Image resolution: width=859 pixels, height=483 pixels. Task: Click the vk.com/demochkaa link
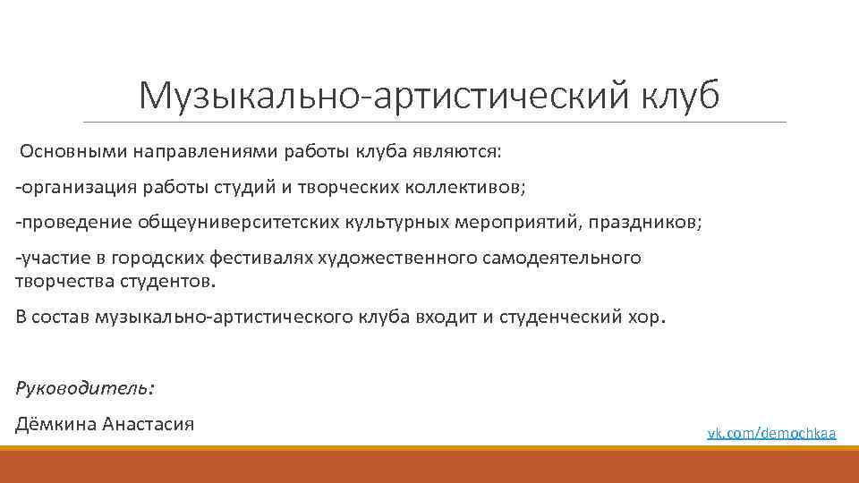771,433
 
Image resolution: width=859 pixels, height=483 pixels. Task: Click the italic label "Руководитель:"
85,387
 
